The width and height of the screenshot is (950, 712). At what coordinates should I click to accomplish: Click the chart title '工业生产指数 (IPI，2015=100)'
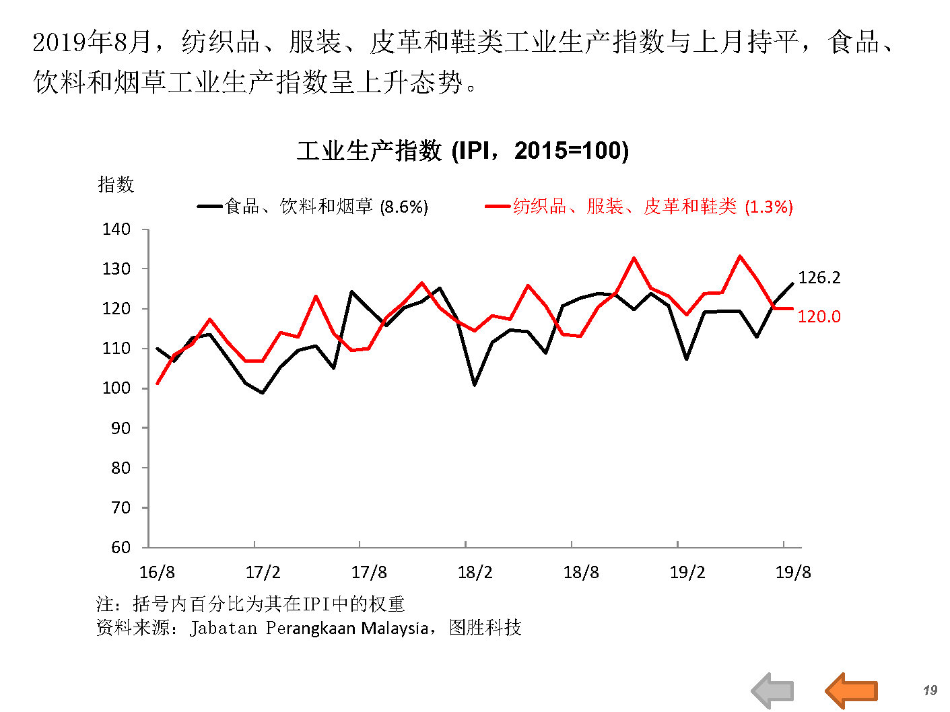pyautogui.click(x=463, y=150)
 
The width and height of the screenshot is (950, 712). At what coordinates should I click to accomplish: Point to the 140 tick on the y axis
pyautogui.click(x=116, y=229)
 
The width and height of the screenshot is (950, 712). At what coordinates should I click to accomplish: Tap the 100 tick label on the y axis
pyautogui.click(x=116, y=388)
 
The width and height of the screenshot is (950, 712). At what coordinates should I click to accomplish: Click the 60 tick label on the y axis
pyautogui.click(x=121, y=547)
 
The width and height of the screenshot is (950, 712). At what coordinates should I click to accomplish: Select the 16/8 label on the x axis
pyautogui.click(x=157, y=573)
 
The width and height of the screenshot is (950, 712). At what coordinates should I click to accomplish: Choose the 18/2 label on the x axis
pyautogui.click(x=475, y=573)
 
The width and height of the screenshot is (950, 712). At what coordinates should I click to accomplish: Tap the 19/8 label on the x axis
pyautogui.click(x=793, y=573)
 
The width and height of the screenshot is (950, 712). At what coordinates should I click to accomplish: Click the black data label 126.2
pyautogui.click(x=819, y=277)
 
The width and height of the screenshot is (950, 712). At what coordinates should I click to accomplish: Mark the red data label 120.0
pyautogui.click(x=819, y=316)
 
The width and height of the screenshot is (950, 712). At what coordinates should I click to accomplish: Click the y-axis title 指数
pyautogui.click(x=116, y=184)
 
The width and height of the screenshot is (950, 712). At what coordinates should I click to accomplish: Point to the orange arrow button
pyautogui.click(x=852, y=690)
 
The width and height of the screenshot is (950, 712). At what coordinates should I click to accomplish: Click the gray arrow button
pyautogui.click(x=773, y=690)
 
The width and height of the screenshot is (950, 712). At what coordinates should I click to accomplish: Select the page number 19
pyautogui.click(x=930, y=690)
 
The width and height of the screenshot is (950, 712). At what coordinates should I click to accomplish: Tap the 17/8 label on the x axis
pyautogui.click(x=369, y=573)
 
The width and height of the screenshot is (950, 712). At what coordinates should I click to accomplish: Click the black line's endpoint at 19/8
pyautogui.click(x=792, y=283)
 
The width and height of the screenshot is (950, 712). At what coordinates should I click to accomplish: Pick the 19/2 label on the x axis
pyautogui.click(x=687, y=573)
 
